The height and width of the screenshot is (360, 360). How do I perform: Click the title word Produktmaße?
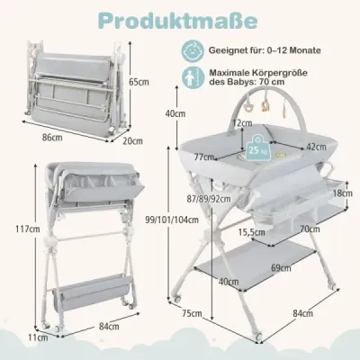pos(178,21)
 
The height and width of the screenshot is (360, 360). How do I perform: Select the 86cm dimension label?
pos(52,138)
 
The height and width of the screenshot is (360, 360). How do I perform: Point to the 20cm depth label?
pos(133,141)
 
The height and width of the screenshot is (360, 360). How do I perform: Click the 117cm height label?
pos(28,229)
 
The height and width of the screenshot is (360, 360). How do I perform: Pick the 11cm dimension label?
pos(39,337)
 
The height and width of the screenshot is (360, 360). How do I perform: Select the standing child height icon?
pos(192,77)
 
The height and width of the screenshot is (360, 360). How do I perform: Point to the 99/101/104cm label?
pos(172,220)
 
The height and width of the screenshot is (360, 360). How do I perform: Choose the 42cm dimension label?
pos(316,147)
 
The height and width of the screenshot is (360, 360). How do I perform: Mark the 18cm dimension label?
pos(343,193)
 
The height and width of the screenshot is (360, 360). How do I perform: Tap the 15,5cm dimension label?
pos(252,232)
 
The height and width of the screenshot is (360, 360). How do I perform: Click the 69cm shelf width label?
pos(281,267)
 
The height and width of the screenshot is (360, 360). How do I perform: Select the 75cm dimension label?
pos(192,314)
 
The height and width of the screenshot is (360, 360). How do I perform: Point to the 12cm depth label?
pos(243,123)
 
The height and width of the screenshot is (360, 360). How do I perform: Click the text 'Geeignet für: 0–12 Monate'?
pos(265,50)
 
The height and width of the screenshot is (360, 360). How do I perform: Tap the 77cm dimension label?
pos(204,157)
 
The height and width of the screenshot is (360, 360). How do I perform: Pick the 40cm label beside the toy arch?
pos(175,113)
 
